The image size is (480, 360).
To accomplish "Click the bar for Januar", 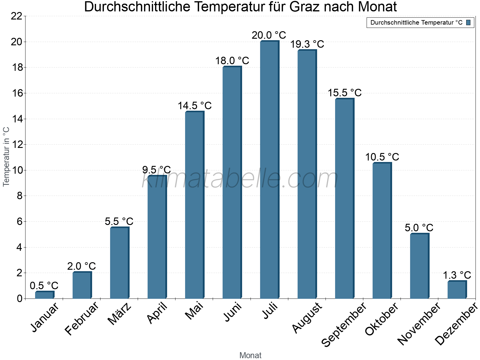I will pos(44,295).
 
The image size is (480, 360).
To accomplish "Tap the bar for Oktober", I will pos(382,231).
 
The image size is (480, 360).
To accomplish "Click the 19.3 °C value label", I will pos(307,44).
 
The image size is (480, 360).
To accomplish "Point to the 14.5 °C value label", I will pos(194,106).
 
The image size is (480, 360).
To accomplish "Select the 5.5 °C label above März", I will pos(119,222).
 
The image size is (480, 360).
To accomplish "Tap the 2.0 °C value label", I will pos(81,266).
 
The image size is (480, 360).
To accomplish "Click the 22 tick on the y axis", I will pos(17,16).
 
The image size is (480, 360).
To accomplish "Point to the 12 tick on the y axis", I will pos(17,145).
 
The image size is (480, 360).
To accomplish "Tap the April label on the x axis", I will pos(157,313).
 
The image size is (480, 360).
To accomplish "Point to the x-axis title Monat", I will pos(250,355).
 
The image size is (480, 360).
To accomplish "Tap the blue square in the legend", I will pos(468,22).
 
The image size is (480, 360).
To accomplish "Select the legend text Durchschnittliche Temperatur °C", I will pos(416,22).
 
